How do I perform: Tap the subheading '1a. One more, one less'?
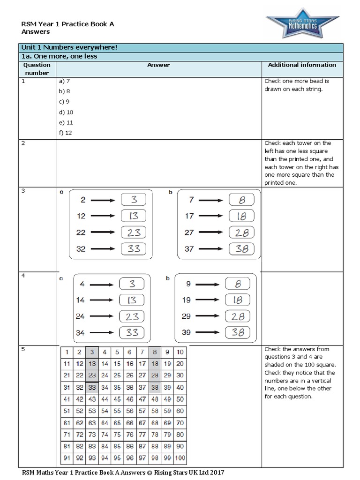click(58, 56)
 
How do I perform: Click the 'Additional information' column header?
click(302, 65)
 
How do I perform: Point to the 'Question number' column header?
click(37, 69)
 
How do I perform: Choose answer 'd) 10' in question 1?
click(66, 112)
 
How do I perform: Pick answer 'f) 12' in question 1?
click(66, 133)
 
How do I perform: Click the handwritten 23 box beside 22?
click(134, 232)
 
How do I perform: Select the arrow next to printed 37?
click(209, 249)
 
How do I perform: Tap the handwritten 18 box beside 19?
click(238, 300)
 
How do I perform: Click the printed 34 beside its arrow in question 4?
click(80, 333)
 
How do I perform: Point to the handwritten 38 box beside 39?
click(238, 333)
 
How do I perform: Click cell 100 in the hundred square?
click(180, 458)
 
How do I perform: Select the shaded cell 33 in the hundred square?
click(92, 388)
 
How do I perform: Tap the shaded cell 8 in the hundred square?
click(155, 352)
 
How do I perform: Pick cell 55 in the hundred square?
click(117, 411)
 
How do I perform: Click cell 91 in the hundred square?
click(67, 458)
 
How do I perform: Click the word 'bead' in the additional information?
click(319, 81)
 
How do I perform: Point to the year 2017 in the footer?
click(220, 473)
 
